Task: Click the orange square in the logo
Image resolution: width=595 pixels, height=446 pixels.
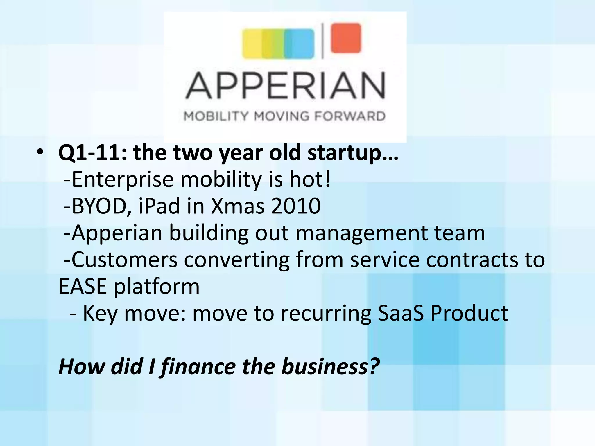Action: click(x=346, y=38)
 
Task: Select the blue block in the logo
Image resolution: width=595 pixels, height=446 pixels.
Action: click(x=299, y=44)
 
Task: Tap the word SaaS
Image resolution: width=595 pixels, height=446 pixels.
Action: click(x=401, y=313)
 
